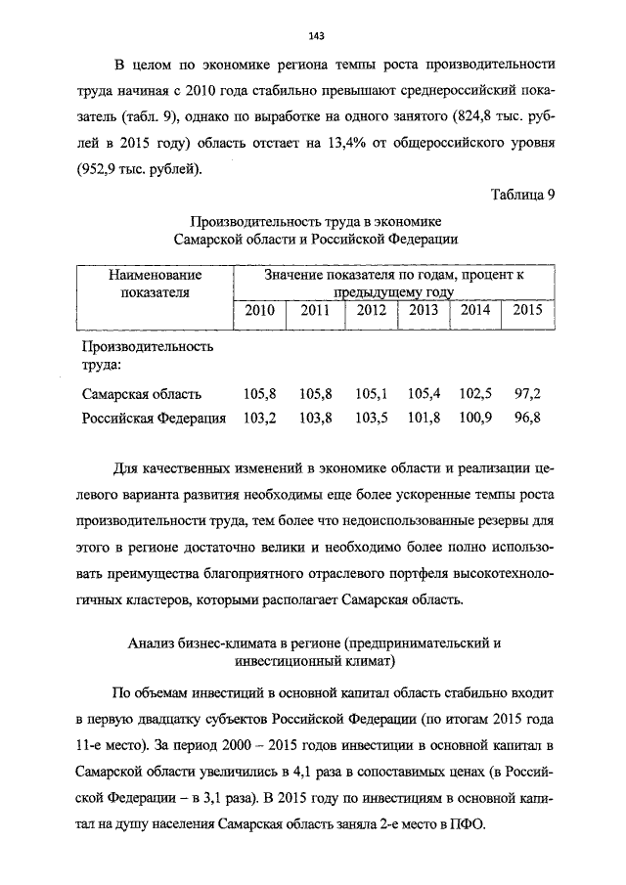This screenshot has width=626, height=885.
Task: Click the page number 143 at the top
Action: pyautogui.click(x=316, y=37)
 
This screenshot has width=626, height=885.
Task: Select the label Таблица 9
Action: pyautogui.click(x=523, y=193)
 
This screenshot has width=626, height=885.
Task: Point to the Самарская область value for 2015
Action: pyautogui.click(x=527, y=394)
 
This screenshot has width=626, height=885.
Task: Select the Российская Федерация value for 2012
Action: pyautogui.click(x=373, y=419)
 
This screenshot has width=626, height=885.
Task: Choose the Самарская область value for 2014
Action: pyautogui.click(x=474, y=394)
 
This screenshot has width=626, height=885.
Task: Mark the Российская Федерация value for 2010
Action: pyautogui.click(x=259, y=419)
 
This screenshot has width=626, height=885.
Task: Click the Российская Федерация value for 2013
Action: pyautogui.click(x=424, y=419)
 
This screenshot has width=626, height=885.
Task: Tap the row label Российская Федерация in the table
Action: pyautogui.click(x=154, y=419)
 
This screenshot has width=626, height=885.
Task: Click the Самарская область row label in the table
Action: pyautogui.click(x=142, y=394)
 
